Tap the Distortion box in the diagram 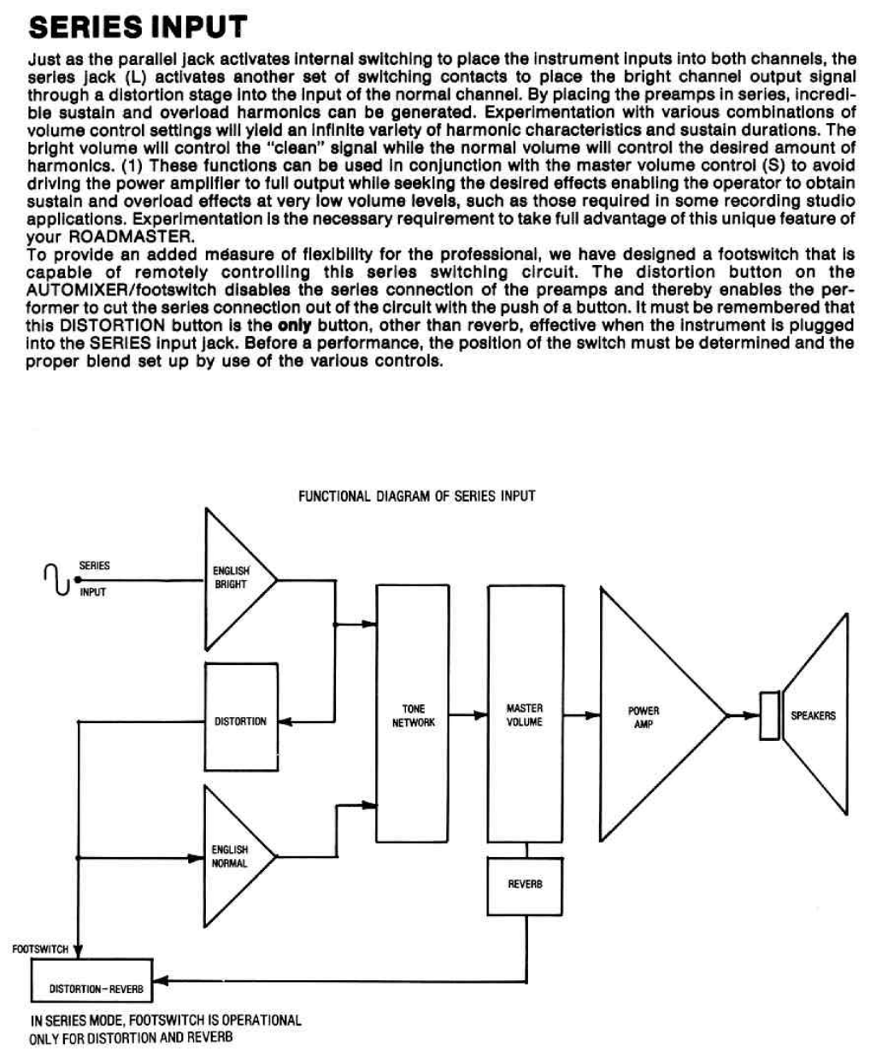pyautogui.click(x=241, y=721)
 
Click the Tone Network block pyautogui.click(x=413, y=714)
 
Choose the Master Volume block pyautogui.click(x=525, y=714)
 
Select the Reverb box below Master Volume pyautogui.click(x=525, y=884)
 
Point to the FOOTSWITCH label pyautogui.click(x=39, y=949)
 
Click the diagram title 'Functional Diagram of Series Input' pyautogui.click(x=416, y=496)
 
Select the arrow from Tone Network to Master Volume pyautogui.click(x=468, y=714)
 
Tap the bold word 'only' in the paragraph pyautogui.click(x=295, y=326)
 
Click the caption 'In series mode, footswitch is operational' pyautogui.click(x=166, y=1020)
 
